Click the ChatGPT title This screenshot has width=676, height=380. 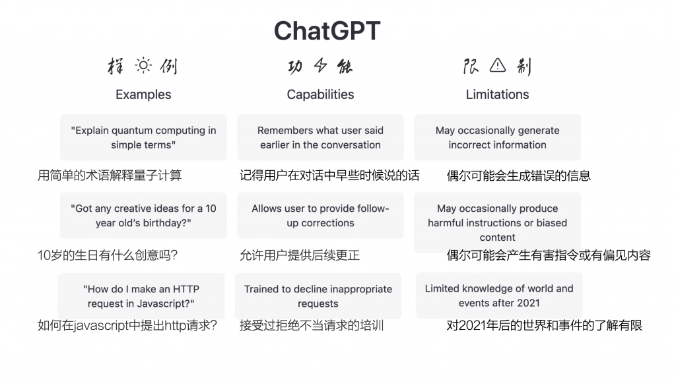pos(327,30)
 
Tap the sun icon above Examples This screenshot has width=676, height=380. pos(143,65)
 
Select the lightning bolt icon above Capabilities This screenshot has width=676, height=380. pos(320,65)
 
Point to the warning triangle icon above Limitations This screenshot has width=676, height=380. pos(498,65)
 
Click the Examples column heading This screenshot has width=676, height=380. pos(143,94)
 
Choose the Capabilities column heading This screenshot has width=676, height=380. pos(320,94)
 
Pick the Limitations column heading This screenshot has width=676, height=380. pos(497,94)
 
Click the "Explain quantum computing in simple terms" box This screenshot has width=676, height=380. pos(143,137)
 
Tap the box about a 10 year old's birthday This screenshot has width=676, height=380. pos(143,216)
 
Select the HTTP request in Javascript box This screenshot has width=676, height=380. pos(141,296)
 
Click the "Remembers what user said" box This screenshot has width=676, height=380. pos(320,137)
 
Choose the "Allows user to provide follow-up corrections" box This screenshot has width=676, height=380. pos(320,216)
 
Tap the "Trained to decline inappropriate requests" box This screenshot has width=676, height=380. pos(318,296)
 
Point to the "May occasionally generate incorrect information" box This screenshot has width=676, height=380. pos(498,137)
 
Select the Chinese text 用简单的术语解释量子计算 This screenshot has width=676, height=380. pos(110,175)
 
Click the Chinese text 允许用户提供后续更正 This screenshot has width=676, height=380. pos(300,255)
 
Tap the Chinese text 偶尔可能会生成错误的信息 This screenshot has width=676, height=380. pos(519,175)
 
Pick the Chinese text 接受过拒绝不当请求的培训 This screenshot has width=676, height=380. pos(312,325)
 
